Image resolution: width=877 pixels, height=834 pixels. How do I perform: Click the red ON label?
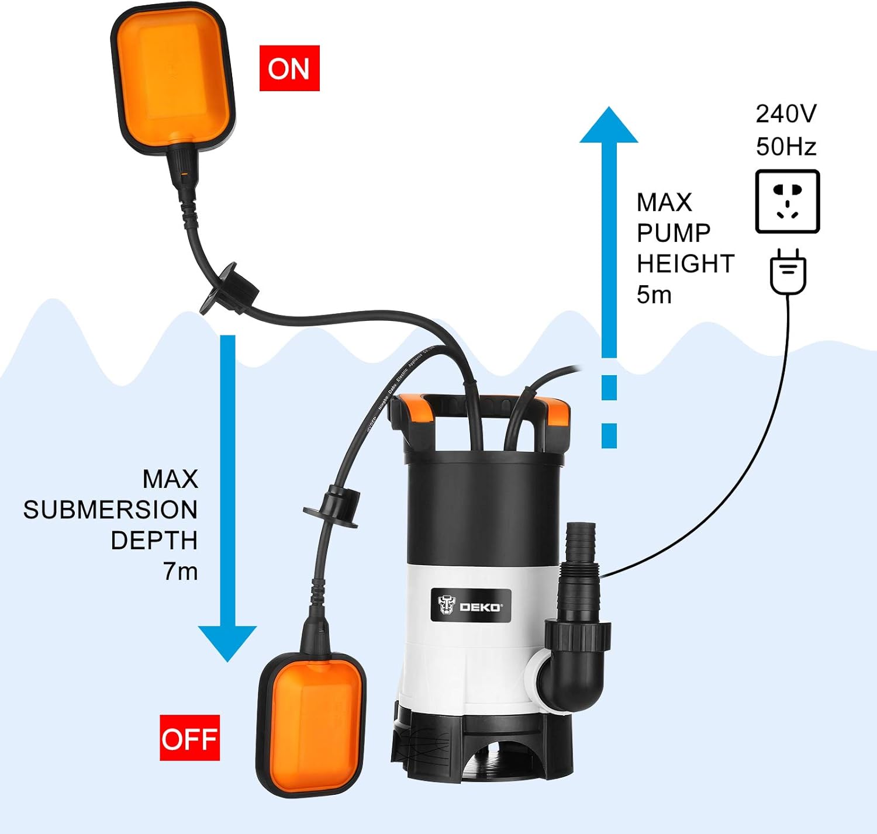pos(289,68)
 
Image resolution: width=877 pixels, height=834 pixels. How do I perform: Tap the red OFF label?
pos(190,738)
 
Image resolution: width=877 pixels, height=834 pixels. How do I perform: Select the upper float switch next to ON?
pos(173,79)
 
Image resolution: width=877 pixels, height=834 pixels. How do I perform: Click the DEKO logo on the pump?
pos(470,606)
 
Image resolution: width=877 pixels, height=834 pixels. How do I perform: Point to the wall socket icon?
pos(787,202)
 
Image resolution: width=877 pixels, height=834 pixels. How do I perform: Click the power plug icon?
pos(788,272)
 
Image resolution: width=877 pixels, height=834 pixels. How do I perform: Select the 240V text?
pos(786,114)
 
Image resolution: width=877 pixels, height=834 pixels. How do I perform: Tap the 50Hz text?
pos(786,146)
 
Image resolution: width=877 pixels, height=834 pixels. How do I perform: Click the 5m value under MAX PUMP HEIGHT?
pos(654,295)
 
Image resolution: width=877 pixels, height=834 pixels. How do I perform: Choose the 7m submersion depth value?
pos(180,571)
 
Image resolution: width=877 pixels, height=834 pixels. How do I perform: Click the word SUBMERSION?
pos(110,510)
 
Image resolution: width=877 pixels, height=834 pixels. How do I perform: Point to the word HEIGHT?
pos(685,264)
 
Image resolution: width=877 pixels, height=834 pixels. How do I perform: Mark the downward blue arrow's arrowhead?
pos(227,642)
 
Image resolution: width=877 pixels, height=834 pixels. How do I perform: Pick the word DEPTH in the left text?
pos(154,541)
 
